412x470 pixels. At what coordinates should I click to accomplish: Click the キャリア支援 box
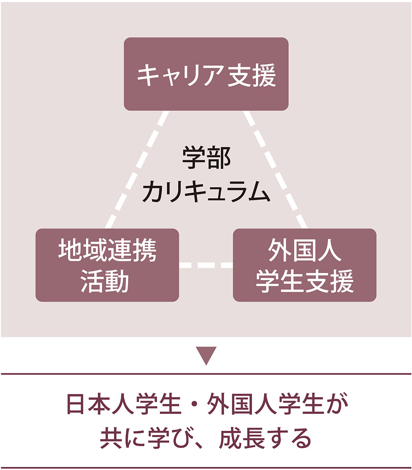pyautogui.click(x=206, y=74)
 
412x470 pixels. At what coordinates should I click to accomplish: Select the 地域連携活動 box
pyautogui.click(x=107, y=265)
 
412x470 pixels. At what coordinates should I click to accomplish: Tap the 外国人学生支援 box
pyautogui.click(x=305, y=265)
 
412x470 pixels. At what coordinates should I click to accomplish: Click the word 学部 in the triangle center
pyautogui.click(x=206, y=158)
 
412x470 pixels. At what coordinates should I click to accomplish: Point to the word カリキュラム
pyautogui.click(x=206, y=191)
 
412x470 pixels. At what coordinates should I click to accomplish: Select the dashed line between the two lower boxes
pyautogui.click(x=206, y=265)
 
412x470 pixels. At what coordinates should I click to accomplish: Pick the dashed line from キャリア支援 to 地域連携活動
pyautogui.click(x=137, y=169)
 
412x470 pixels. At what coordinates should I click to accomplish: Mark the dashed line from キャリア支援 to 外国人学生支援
pyautogui.click(x=275, y=169)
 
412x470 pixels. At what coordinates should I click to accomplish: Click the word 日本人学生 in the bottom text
pyautogui.click(x=124, y=404)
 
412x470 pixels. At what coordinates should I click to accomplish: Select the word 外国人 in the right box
pyautogui.click(x=305, y=250)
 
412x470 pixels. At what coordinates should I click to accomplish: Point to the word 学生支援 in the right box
pyautogui.click(x=305, y=281)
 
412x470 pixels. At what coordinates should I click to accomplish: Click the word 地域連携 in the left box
pyautogui.click(x=107, y=250)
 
